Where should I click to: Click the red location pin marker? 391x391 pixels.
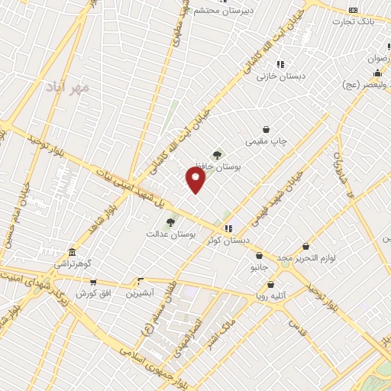click(195, 180)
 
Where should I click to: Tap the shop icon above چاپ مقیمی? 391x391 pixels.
click(266, 130)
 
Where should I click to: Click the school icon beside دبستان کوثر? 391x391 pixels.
click(228, 228)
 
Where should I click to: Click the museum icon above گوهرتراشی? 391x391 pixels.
click(72, 252)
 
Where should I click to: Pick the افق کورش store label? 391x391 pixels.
click(93, 293)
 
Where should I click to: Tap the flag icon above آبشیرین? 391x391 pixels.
click(138, 281)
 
